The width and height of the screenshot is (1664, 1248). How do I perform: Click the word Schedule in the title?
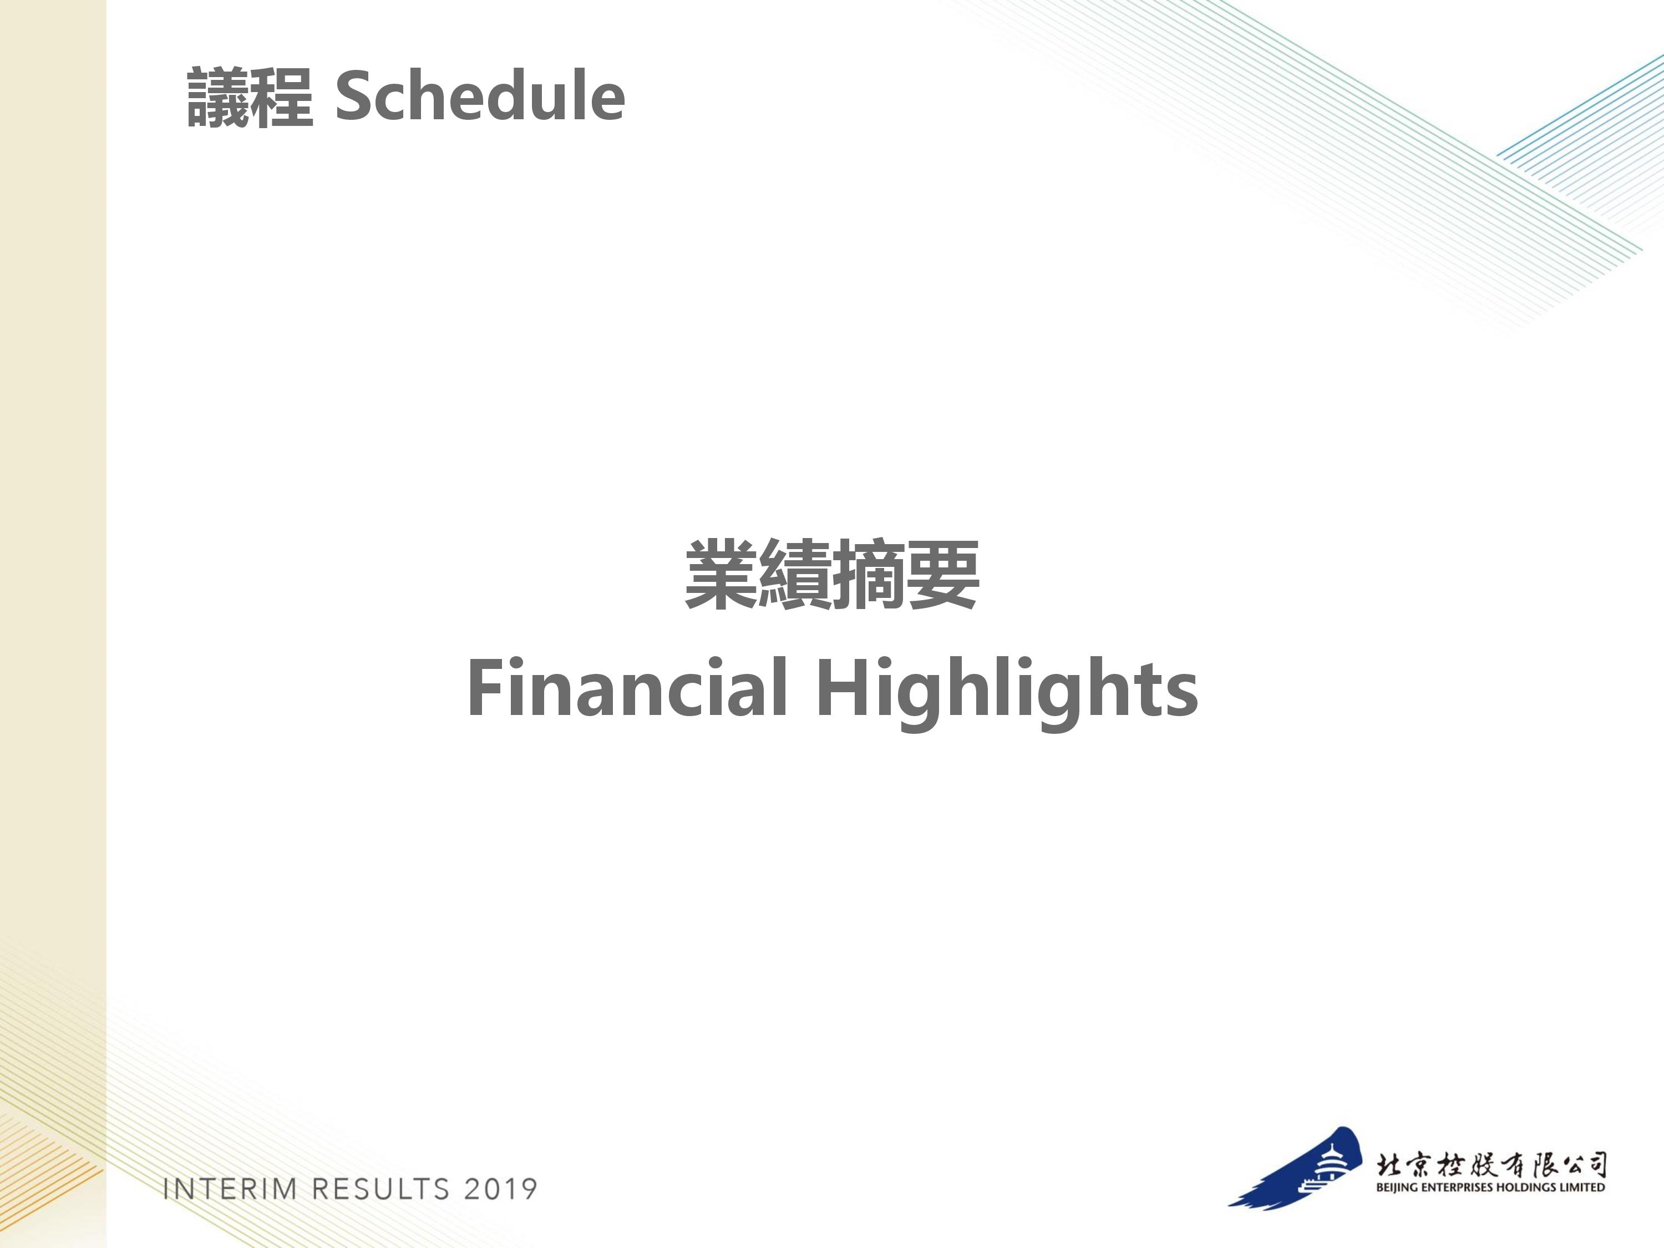[480, 97]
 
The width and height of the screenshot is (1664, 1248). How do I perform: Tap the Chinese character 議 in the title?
[218, 97]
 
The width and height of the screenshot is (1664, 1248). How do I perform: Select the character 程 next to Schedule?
[281, 97]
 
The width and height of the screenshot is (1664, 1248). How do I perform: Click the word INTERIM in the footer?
[230, 1189]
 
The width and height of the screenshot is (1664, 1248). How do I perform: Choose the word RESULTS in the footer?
[381, 1189]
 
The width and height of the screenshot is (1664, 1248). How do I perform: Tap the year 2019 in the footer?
[501, 1189]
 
